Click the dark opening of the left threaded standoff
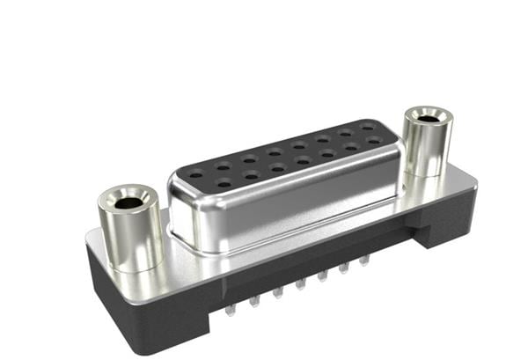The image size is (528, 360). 128,202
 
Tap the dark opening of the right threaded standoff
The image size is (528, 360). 428,118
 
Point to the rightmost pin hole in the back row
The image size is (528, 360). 366,128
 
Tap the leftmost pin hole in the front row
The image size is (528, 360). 224,183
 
